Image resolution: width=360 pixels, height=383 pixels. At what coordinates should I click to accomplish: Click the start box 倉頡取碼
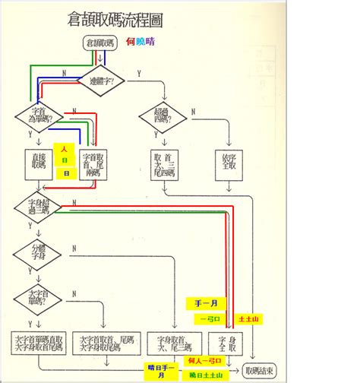click(100, 43)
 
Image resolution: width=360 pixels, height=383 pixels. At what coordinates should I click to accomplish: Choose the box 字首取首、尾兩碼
click(93, 162)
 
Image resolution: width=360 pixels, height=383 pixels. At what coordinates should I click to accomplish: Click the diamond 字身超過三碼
click(38, 207)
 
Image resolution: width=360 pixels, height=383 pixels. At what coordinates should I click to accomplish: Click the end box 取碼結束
click(258, 369)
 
